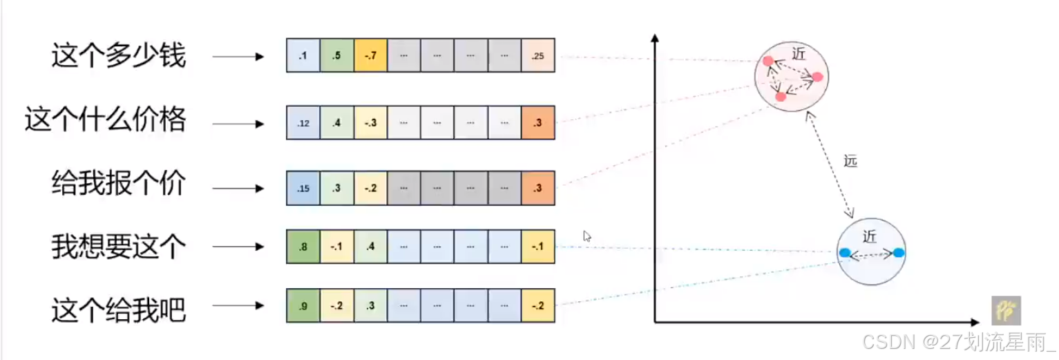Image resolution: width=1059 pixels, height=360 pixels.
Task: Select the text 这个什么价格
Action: point(105,120)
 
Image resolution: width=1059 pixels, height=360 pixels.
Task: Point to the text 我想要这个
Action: point(118,247)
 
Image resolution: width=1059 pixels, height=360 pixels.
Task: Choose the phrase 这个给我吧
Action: point(118,310)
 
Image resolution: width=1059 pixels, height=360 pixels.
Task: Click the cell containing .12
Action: point(303,124)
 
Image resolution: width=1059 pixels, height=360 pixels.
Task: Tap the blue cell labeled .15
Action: point(303,187)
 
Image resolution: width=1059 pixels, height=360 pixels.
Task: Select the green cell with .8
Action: point(303,247)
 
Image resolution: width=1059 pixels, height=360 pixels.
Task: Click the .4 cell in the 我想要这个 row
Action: point(370,247)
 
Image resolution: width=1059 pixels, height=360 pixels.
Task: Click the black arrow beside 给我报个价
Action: point(238,188)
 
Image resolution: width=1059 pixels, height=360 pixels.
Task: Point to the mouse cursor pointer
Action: point(586,236)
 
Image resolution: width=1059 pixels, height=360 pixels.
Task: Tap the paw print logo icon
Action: point(1006,311)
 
